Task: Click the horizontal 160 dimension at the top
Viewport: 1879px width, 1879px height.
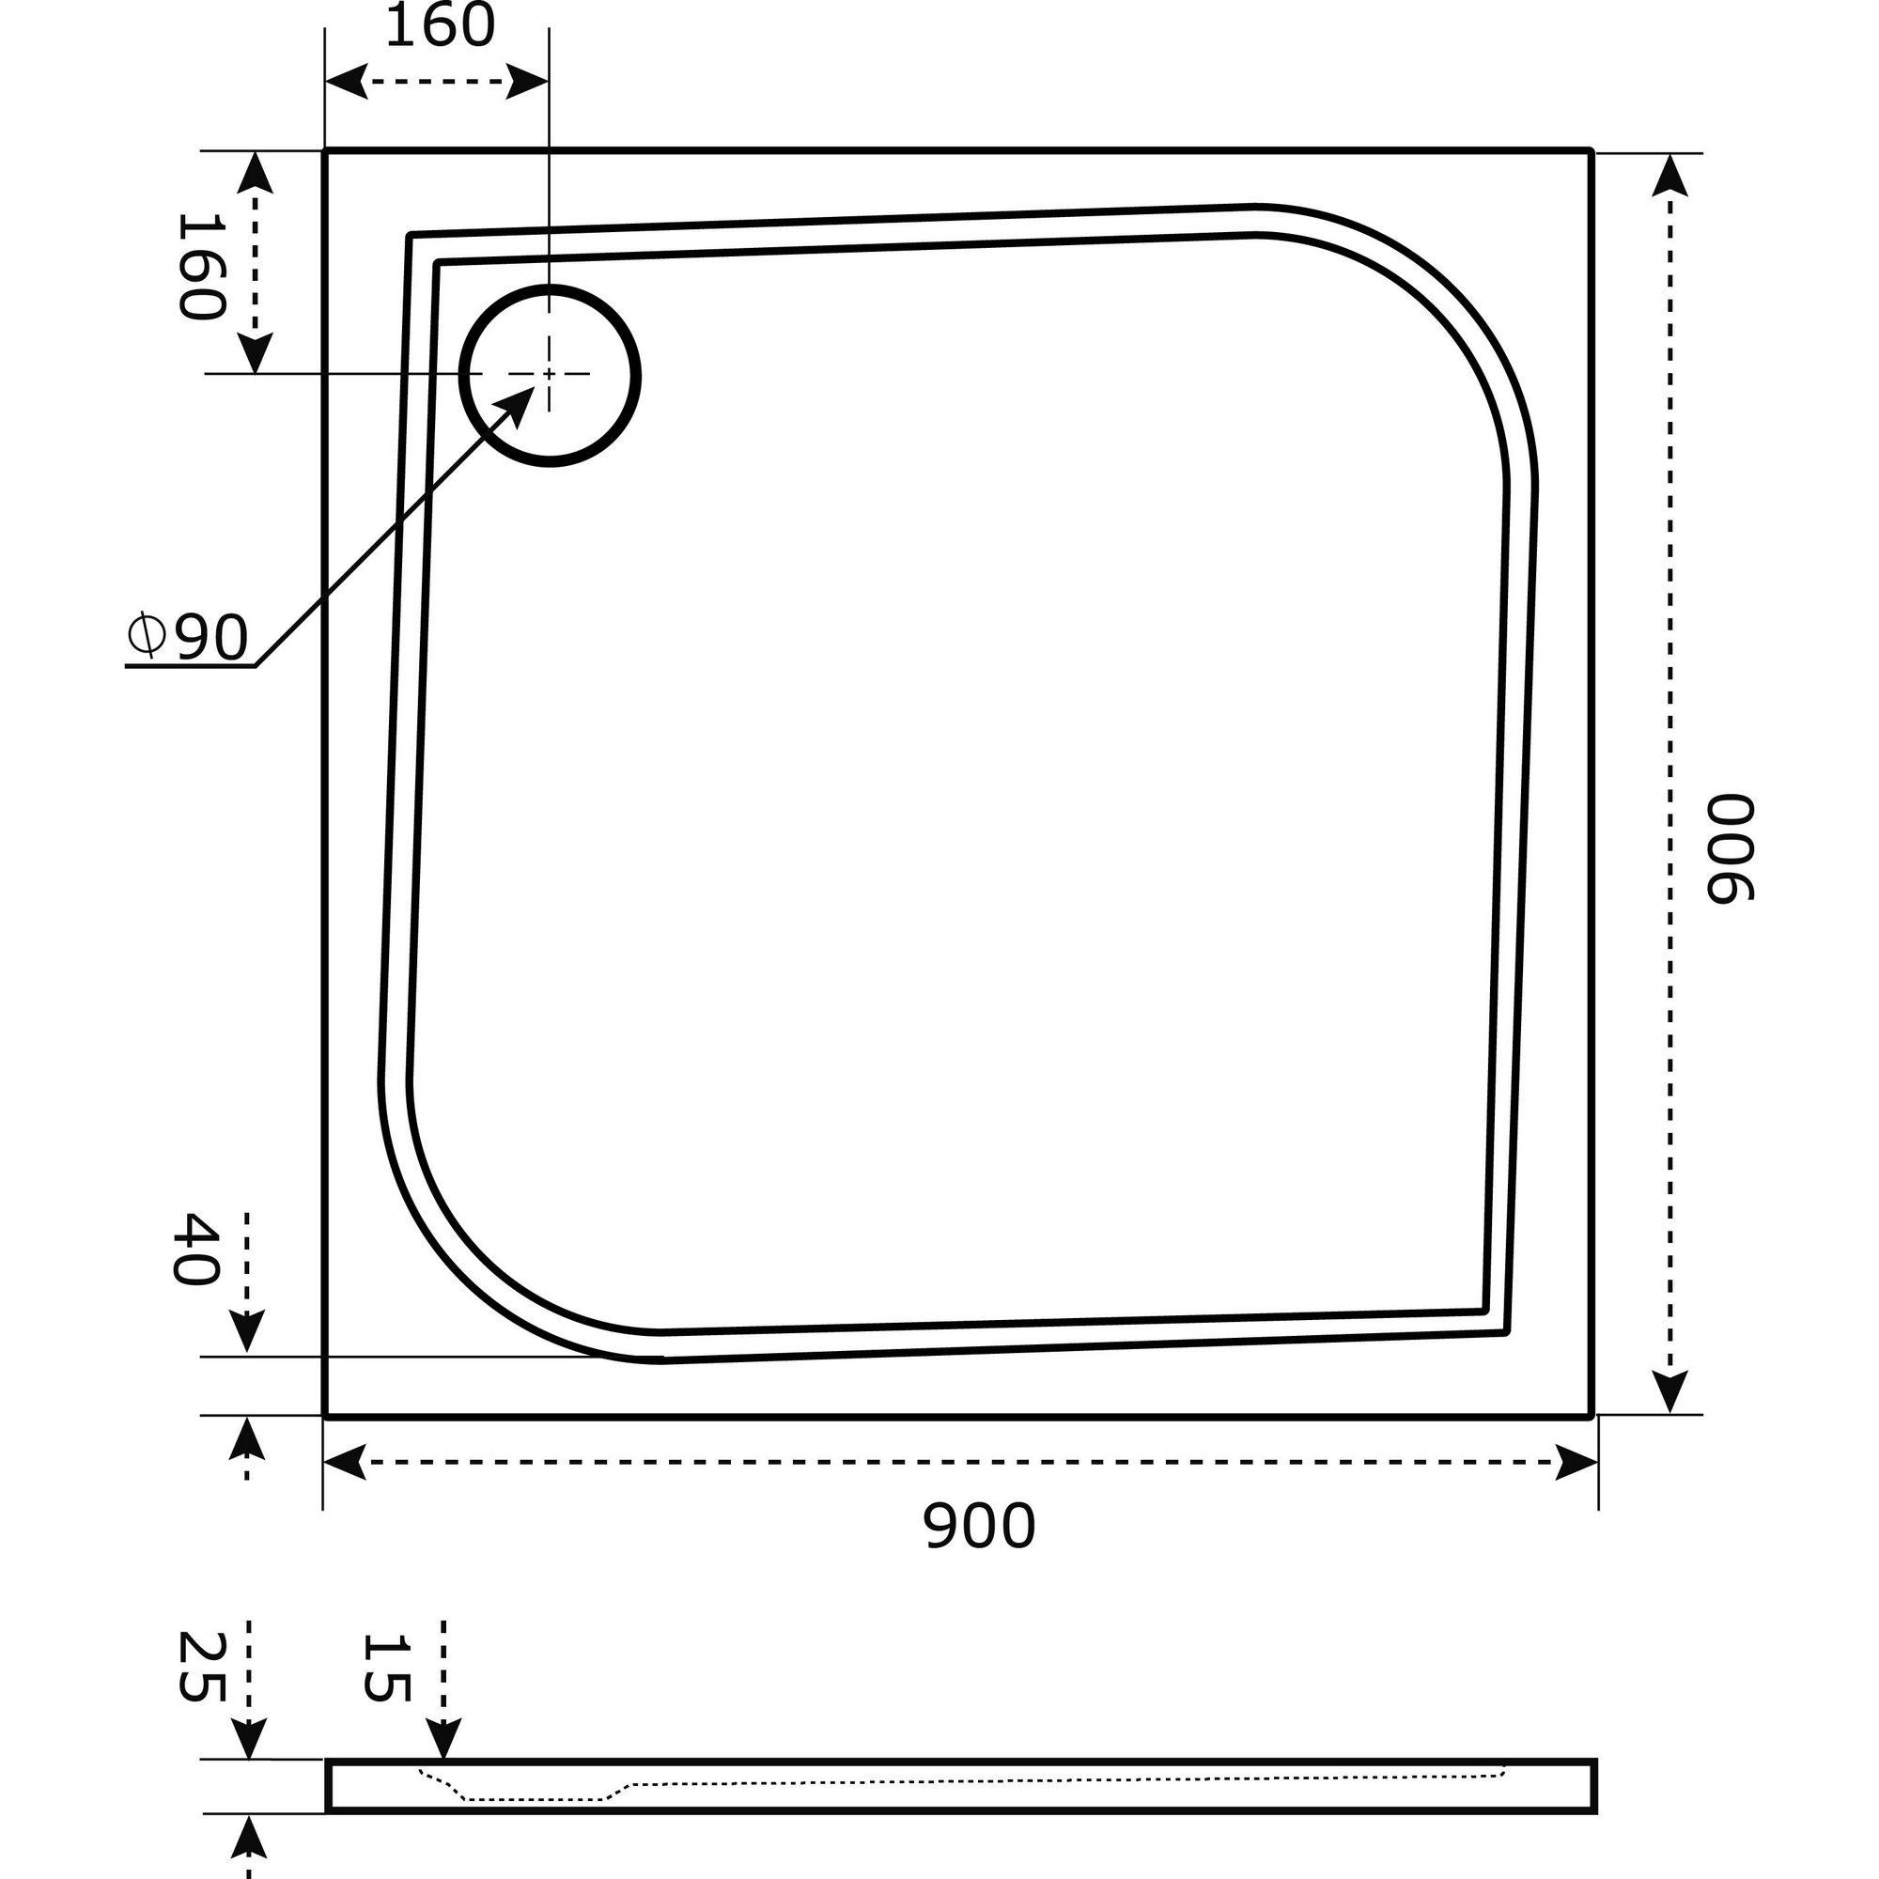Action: click(x=441, y=26)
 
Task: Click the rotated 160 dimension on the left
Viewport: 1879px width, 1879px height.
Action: click(x=201, y=267)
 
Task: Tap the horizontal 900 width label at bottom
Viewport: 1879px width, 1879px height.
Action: click(x=978, y=1526)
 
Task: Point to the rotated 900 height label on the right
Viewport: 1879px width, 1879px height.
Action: click(x=1730, y=848)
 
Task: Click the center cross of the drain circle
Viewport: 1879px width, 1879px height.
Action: click(x=550, y=374)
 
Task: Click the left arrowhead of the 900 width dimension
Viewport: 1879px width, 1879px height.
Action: click(x=343, y=1462)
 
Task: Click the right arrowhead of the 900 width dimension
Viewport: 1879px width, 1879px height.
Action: click(x=1576, y=1462)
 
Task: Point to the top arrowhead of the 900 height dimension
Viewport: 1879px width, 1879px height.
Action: click(x=1669, y=176)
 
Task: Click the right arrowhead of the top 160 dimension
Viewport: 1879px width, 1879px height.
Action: click(x=528, y=83)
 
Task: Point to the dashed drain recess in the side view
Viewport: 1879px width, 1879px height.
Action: click(x=535, y=1799)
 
